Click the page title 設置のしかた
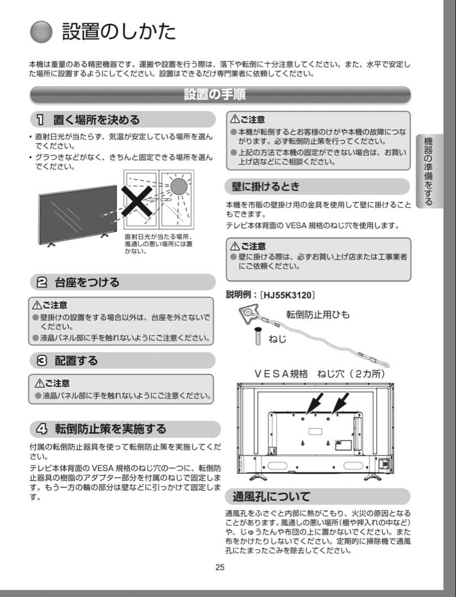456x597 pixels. click(x=119, y=32)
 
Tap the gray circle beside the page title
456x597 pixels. click(x=41, y=32)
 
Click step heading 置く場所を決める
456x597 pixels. click(x=96, y=119)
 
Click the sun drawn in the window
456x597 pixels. click(x=178, y=187)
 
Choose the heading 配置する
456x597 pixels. click(x=76, y=360)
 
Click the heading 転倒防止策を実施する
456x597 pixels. click(x=110, y=429)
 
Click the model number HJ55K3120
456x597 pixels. click(x=290, y=295)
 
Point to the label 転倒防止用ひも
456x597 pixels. click(x=317, y=315)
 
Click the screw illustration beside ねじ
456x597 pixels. click(x=257, y=334)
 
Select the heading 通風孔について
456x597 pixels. click(x=271, y=496)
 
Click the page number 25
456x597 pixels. click(x=220, y=567)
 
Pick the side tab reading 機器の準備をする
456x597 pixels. click(x=428, y=171)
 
